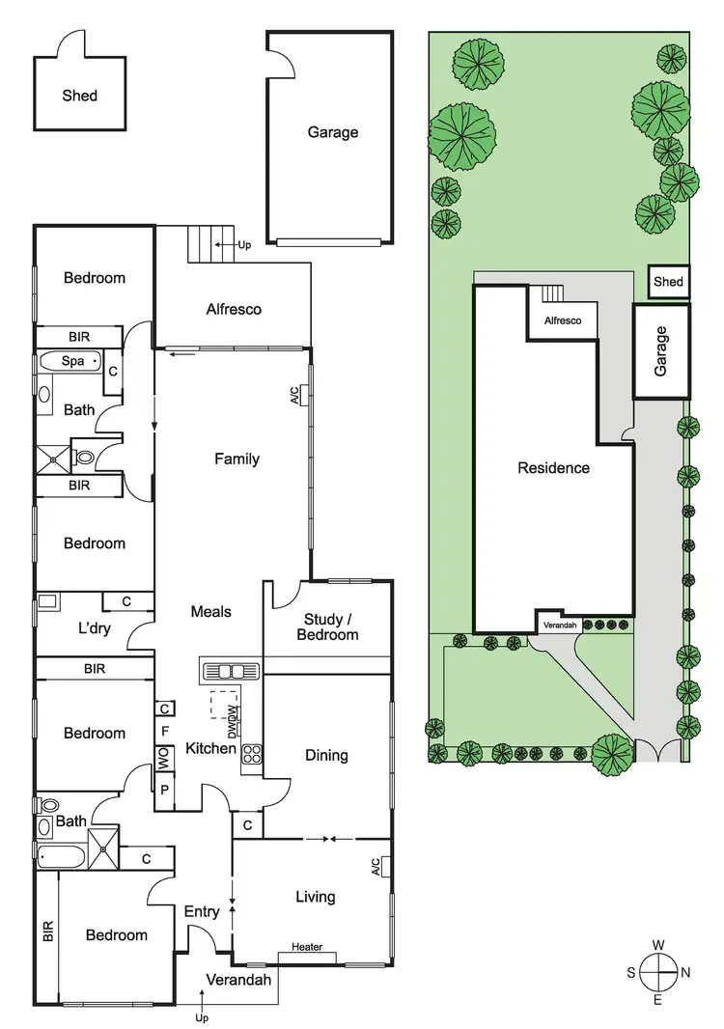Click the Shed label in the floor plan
[80, 96]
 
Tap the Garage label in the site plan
[661, 350]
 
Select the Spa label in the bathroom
[72, 361]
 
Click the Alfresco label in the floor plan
[234, 310]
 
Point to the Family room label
[237, 459]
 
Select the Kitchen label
[211, 748]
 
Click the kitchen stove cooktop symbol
[253, 754]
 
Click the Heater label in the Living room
[307, 947]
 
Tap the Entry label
[202, 911]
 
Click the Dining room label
[326, 755]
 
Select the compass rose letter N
[685, 972]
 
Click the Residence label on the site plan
[553, 468]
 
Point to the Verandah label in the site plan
[560, 626]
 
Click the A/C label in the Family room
[294, 395]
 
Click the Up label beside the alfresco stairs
[244, 245]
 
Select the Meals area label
[210, 611]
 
